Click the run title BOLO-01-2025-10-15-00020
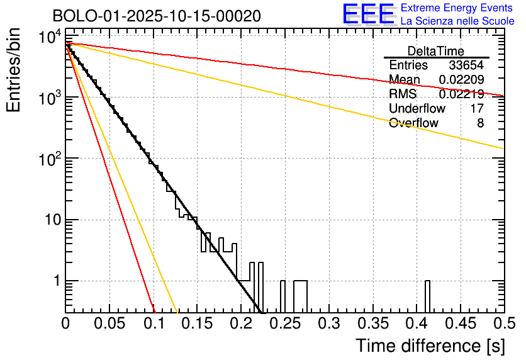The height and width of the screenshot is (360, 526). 157,15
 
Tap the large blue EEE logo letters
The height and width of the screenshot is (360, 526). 368,14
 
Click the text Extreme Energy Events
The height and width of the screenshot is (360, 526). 456,8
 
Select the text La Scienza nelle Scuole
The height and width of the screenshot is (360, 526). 457,21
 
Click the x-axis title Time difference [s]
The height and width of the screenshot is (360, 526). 430,346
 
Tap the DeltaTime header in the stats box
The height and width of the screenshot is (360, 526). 436,51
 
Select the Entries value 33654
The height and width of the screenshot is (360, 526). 466,65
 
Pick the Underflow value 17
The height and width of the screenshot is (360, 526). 477,108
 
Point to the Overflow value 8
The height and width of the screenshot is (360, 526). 480,123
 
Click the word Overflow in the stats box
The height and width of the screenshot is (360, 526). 413,123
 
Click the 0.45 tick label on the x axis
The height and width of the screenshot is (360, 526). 460,324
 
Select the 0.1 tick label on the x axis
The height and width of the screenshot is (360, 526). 154,324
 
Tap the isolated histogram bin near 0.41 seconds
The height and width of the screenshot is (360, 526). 427,296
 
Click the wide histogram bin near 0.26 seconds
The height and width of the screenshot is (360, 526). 300,296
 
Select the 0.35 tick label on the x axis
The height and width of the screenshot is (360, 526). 372,324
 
